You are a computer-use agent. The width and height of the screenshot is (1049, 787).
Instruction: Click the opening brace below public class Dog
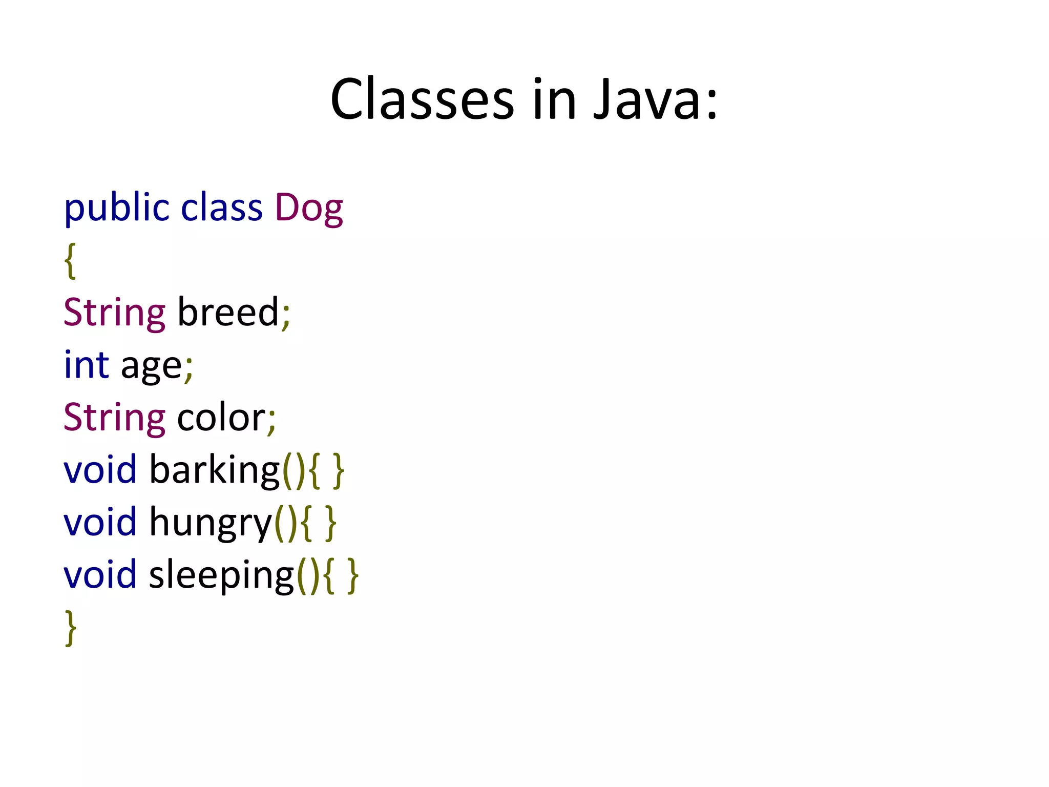[x=71, y=261]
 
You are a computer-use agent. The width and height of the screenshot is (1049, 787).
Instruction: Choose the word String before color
[x=114, y=418]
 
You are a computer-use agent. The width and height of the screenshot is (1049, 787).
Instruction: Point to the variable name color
[x=221, y=418]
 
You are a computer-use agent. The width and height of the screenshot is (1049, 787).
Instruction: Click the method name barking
[x=214, y=470]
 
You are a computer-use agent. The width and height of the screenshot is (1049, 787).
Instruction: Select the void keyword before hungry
[x=100, y=522]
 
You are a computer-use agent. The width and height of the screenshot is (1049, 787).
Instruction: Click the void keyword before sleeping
[x=100, y=575]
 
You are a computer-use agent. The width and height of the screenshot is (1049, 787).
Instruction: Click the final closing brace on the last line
[x=71, y=627]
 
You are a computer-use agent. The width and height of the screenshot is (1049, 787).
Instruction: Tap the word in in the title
[x=554, y=99]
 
